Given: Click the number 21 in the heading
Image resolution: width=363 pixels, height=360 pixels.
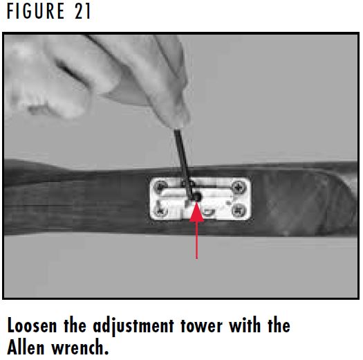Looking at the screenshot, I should coord(80,13).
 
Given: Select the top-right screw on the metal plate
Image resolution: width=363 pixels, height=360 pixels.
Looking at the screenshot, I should coord(239,186).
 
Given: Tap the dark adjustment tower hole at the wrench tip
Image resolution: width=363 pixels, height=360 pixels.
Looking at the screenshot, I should coord(197,197).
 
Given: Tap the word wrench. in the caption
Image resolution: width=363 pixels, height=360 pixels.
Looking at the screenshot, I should coord(80,345).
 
